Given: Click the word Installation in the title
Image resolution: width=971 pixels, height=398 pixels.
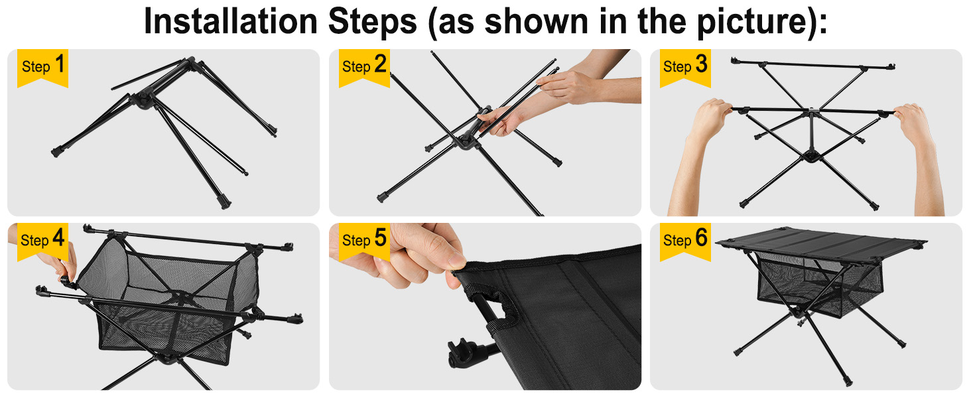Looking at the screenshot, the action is (x=231, y=21).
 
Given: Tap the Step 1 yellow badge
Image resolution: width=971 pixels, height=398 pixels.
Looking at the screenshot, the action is (x=42, y=68).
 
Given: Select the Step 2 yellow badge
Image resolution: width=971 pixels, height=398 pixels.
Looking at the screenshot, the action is (x=364, y=68).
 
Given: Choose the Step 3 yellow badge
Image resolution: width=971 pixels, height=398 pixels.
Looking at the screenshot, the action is (x=685, y=68).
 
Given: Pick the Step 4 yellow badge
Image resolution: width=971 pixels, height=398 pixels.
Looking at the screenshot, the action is (x=42, y=242).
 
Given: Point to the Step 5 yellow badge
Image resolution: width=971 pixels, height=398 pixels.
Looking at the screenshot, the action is (x=364, y=242).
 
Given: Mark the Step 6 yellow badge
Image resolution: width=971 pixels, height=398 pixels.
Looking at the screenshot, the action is (x=685, y=242).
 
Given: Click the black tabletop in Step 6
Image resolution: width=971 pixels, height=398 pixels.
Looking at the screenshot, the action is (x=820, y=243).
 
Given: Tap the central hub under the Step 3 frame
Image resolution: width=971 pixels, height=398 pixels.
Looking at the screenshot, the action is (x=810, y=156).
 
